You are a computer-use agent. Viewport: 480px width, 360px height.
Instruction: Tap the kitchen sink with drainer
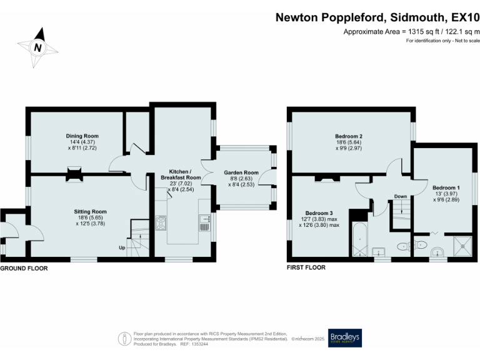[x=204, y=223]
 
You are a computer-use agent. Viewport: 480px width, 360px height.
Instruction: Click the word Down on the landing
[x=400, y=197]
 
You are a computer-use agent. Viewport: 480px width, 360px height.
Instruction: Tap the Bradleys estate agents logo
[x=344, y=338]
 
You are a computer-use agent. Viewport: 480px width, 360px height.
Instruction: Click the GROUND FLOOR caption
[x=24, y=267]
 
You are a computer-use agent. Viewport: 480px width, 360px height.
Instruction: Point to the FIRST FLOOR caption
[x=306, y=267]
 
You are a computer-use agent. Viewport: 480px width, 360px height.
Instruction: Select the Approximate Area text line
[x=411, y=32]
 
